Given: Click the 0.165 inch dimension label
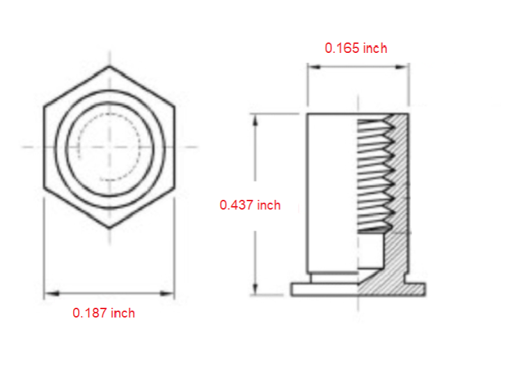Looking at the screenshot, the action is click(356, 48).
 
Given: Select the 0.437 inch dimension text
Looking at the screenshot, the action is click(250, 205).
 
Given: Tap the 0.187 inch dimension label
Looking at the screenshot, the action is click(104, 313).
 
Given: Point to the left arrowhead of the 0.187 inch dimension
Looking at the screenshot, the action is click(52, 294).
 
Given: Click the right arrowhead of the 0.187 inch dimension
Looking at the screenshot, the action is click(167, 294).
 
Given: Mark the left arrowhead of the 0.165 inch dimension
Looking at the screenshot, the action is click(315, 67).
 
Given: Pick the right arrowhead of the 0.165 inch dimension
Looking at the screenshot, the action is click(402, 67).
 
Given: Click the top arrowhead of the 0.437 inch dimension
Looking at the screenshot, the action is click(255, 121).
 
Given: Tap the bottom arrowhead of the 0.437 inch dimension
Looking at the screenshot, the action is click(255, 288).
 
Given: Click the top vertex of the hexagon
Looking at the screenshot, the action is click(109, 66).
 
